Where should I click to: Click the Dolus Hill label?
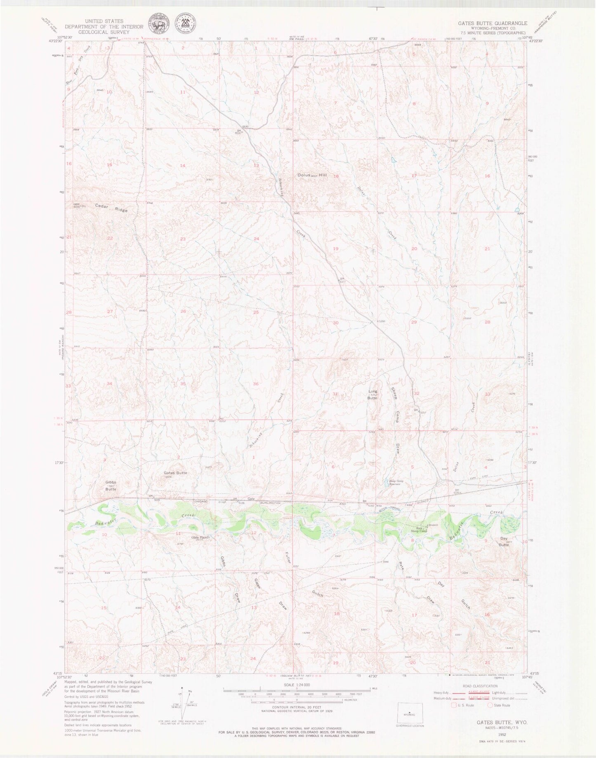312,175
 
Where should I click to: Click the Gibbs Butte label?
111,486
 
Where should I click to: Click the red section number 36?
256,384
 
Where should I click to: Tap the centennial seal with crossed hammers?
186,25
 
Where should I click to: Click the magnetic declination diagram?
181,702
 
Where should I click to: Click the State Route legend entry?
499,705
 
